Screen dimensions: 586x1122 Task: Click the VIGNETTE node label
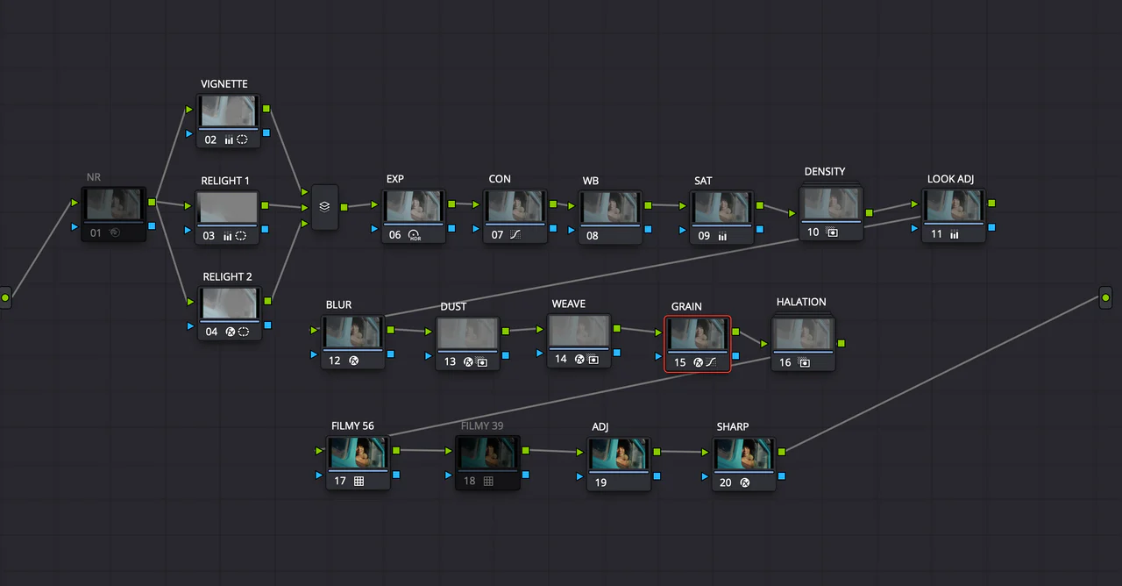(x=224, y=84)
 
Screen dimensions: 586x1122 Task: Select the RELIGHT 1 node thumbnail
(x=228, y=207)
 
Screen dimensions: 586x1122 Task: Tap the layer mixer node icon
(x=324, y=207)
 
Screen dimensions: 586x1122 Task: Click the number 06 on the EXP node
(x=395, y=235)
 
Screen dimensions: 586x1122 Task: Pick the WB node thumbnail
(x=610, y=207)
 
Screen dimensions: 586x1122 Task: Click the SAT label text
(x=703, y=181)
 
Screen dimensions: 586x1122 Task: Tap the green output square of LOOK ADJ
(x=991, y=204)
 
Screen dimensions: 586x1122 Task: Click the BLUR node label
(x=338, y=305)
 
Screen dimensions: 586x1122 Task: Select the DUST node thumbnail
(x=468, y=333)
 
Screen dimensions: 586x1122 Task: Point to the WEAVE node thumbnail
(x=579, y=331)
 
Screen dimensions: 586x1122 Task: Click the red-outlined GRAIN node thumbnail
(x=698, y=333)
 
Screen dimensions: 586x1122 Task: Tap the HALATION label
(x=801, y=302)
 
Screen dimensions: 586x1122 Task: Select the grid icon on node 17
(x=359, y=481)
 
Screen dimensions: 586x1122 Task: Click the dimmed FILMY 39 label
(x=482, y=426)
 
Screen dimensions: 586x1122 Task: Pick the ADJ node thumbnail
(x=619, y=454)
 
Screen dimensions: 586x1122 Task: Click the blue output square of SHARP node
(x=781, y=476)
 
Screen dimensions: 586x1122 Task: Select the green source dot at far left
(x=5, y=298)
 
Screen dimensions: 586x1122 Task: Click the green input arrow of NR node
(x=74, y=204)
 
